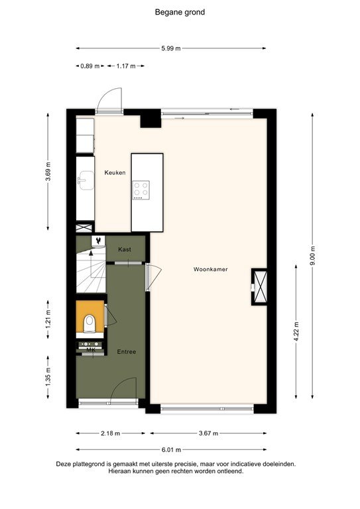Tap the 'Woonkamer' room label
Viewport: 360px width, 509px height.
click(210, 270)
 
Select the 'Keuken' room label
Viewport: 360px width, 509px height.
click(115, 173)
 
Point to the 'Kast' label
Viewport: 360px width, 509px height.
click(124, 249)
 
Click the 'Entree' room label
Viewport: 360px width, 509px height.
click(127, 351)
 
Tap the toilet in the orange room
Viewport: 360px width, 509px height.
click(90, 323)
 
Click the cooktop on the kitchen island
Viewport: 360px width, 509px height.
click(141, 190)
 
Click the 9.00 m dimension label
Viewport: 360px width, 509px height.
click(313, 255)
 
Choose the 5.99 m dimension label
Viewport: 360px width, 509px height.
click(172, 48)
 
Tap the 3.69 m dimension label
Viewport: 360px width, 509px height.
click(48, 172)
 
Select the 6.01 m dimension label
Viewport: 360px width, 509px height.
click(172, 449)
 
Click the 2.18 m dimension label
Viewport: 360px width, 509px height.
click(110, 433)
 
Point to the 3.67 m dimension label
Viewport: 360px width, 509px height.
click(208, 433)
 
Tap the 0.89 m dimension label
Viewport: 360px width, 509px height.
click(90, 66)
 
